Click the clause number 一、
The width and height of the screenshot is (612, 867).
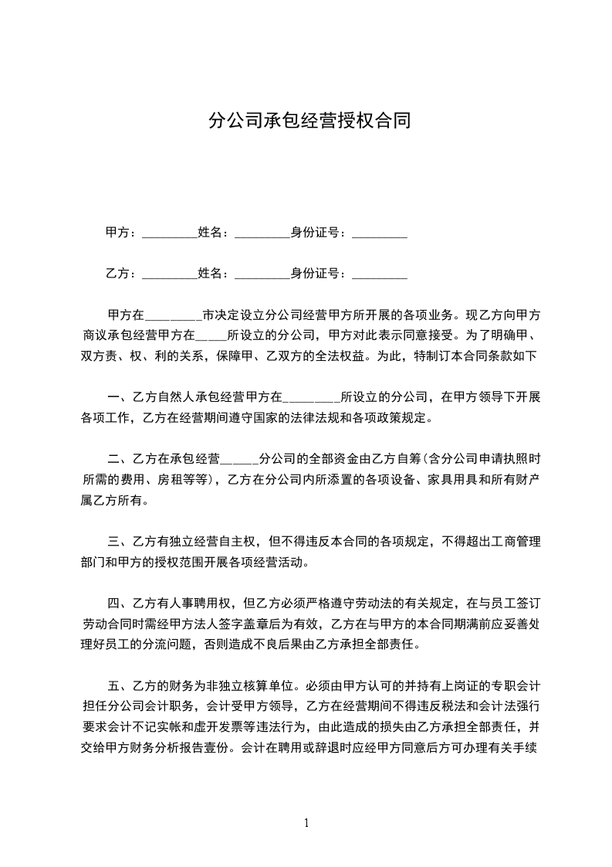coord(120,398)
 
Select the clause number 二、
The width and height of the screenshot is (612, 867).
coord(120,457)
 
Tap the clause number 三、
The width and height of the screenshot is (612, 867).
coord(120,541)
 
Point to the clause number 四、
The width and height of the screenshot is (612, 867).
coord(120,601)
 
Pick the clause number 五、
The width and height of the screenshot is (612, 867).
coord(120,684)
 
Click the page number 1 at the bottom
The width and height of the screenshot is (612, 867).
coord(306,822)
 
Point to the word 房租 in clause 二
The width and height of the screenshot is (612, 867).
coord(171,479)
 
